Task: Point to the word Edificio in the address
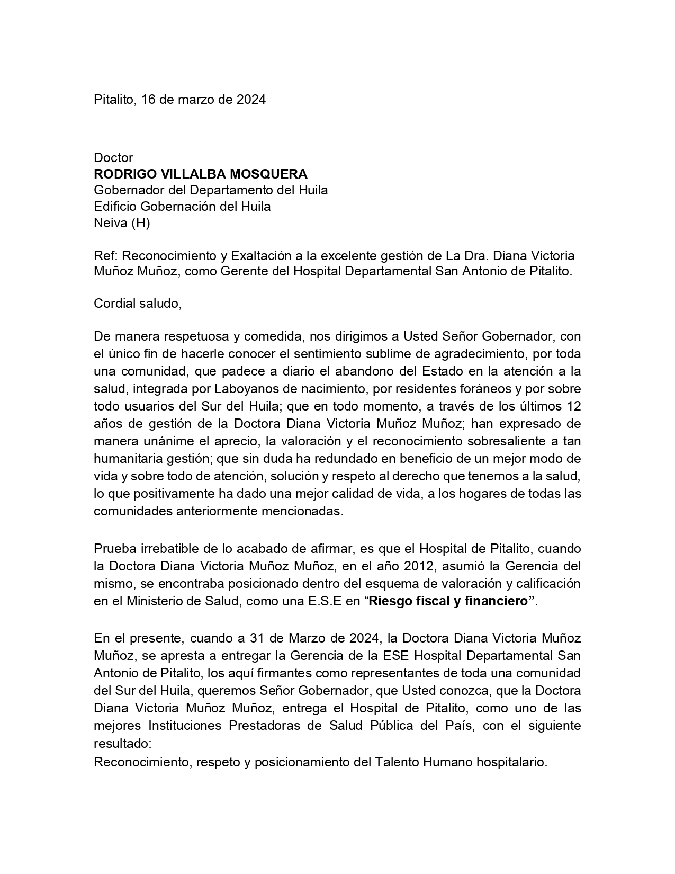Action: pyautogui.click(x=115, y=207)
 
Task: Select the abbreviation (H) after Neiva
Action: pyautogui.click(x=140, y=223)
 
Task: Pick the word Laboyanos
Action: pyautogui.click(x=246, y=389)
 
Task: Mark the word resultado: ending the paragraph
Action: pyautogui.click(x=123, y=743)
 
